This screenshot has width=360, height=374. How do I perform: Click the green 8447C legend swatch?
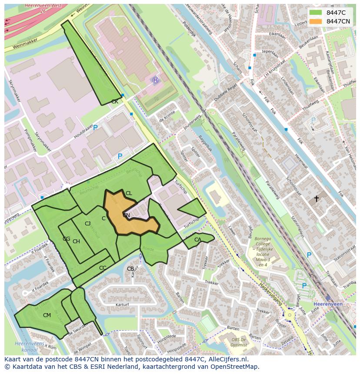point(316,13)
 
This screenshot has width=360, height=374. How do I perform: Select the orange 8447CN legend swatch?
point(316,21)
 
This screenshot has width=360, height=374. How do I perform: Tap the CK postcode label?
point(115,102)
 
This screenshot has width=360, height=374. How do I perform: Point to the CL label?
point(129,193)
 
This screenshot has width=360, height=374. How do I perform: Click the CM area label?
point(47,315)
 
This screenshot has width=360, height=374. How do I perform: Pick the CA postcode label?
point(198,240)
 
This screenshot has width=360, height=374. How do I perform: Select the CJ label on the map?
point(88,224)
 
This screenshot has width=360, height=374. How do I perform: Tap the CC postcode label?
point(103,268)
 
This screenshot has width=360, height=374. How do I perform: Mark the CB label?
point(130,269)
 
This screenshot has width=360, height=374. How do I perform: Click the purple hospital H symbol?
point(156,80)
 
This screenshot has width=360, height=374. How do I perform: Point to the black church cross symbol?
point(317,199)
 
